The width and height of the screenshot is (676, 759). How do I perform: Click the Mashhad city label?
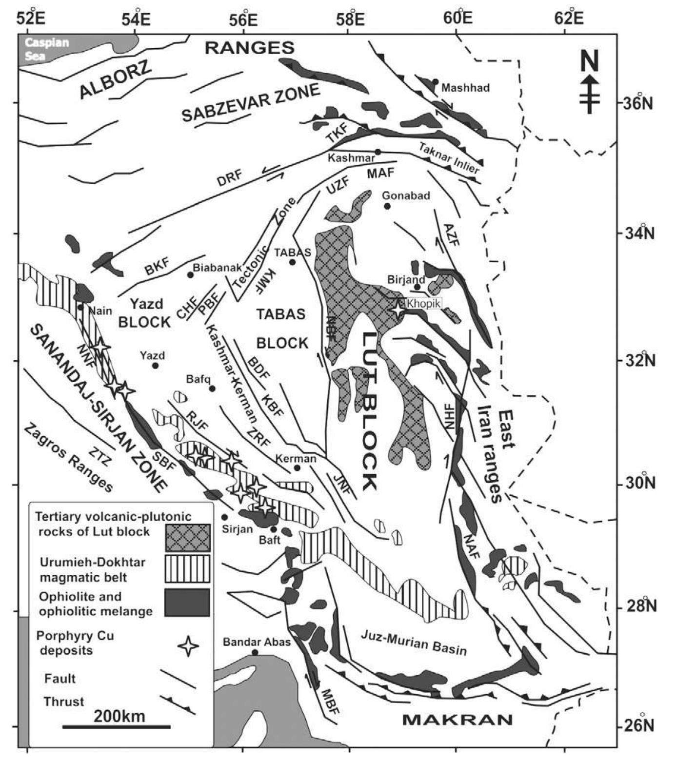(x=465, y=88)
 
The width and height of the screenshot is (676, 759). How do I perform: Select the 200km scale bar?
(x=117, y=727)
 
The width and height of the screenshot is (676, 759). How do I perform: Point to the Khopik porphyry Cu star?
(x=398, y=309)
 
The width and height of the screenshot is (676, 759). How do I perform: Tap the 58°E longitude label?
(x=349, y=19)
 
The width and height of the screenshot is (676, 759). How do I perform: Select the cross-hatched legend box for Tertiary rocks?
(x=188, y=538)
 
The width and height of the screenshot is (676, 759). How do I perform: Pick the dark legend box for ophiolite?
(x=188, y=603)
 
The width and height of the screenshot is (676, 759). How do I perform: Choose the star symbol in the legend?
(x=188, y=646)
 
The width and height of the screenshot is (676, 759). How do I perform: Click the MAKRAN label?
(x=457, y=720)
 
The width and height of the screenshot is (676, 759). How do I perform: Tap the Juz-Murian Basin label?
(x=414, y=642)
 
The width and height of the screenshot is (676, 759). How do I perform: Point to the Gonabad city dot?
(x=387, y=206)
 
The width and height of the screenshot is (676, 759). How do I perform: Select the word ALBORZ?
(x=116, y=81)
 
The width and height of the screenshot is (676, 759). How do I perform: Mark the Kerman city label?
(x=296, y=459)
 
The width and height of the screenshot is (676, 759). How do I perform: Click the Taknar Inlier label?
(x=449, y=158)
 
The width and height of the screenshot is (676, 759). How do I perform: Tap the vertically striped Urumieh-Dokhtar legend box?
(x=188, y=569)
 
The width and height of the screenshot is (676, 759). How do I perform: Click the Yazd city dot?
(x=156, y=366)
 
